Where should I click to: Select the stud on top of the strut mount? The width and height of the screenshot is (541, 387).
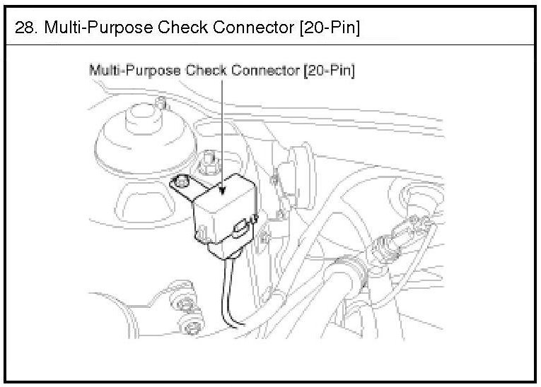pyautogui.click(x=162, y=105)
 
